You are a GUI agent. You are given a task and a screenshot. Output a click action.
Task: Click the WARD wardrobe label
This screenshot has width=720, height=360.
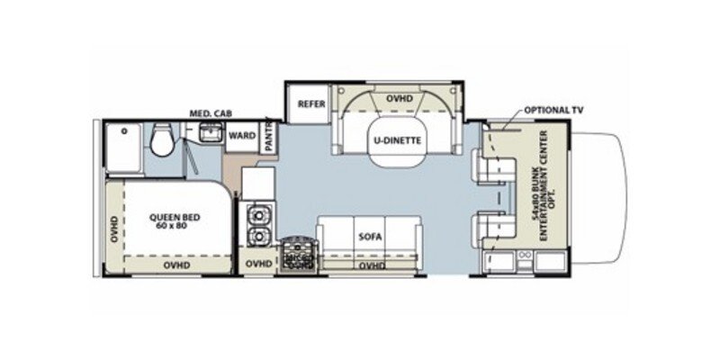click(240, 137)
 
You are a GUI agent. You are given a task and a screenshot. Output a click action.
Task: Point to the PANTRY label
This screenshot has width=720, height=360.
click(268, 137)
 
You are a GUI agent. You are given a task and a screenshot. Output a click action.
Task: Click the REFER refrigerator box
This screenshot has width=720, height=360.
click(305, 104)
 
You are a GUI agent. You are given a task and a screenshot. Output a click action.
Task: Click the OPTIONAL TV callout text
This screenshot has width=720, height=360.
click(553, 109)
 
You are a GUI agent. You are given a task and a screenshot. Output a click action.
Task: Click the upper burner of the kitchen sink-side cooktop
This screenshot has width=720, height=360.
click(256, 217)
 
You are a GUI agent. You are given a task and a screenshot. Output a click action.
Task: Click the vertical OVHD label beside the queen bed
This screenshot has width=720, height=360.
click(113, 229)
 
